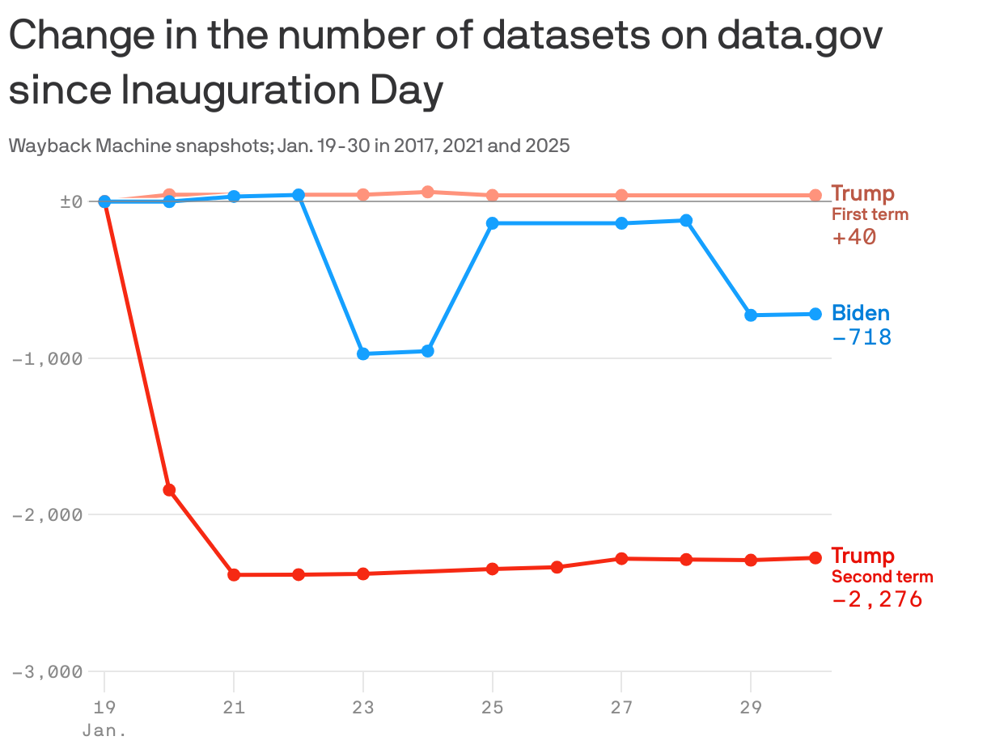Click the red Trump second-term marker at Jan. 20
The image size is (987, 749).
click(x=169, y=489)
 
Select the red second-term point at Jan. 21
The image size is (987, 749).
click(x=234, y=574)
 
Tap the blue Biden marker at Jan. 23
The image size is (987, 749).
click(x=363, y=353)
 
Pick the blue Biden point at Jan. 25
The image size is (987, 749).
click(x=493, y=222)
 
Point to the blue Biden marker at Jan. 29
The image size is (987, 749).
click(x=751, y=315)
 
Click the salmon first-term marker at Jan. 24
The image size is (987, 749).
click(x=428, y=192)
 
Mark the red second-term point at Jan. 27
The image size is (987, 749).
click(x=621, y=558)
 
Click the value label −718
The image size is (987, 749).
click(x=862, y=337)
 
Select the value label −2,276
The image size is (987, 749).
click(x=877, y=599)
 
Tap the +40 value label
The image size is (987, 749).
click(x=854, y=237)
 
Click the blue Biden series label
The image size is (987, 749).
click(x=861, y=313)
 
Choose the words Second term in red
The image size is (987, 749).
click(x=882, y=578)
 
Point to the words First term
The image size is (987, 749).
click(x=870, y=215)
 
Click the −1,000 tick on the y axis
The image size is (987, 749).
click(x=47, y=358)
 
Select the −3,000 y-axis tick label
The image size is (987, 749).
click(x=47, y=672)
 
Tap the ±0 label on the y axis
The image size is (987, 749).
click(x=71, y=201)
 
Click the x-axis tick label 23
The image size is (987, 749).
click(x=363, y=708)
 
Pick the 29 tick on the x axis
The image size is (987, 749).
click(x=751, y=708)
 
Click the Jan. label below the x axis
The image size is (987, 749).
click(x=104, y=730)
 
